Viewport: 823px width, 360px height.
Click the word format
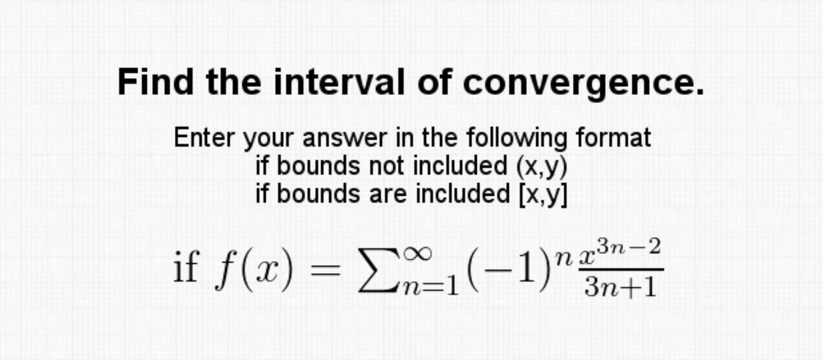tap(614, 138)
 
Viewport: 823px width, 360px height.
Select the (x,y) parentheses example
tap(542, 167)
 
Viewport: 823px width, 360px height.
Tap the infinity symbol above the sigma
tap(418, 253)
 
